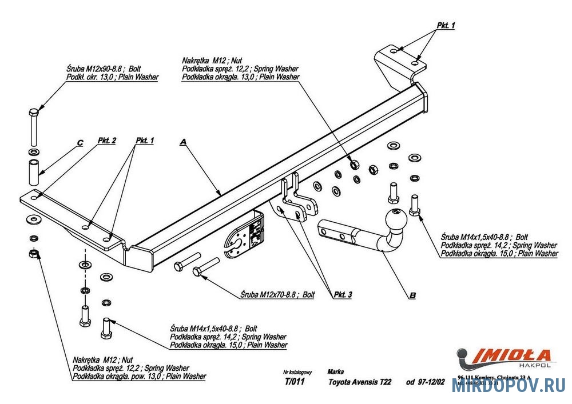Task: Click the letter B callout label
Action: pos(412,295)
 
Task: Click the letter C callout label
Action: pos(80,142)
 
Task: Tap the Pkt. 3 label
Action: pos(343,294)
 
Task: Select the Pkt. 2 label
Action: pos(107,141)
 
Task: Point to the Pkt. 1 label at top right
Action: pos(446,26)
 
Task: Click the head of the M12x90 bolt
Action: pos(34,110)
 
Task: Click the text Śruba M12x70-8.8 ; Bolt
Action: pos(277,295)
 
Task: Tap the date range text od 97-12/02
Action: pos(425,382)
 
